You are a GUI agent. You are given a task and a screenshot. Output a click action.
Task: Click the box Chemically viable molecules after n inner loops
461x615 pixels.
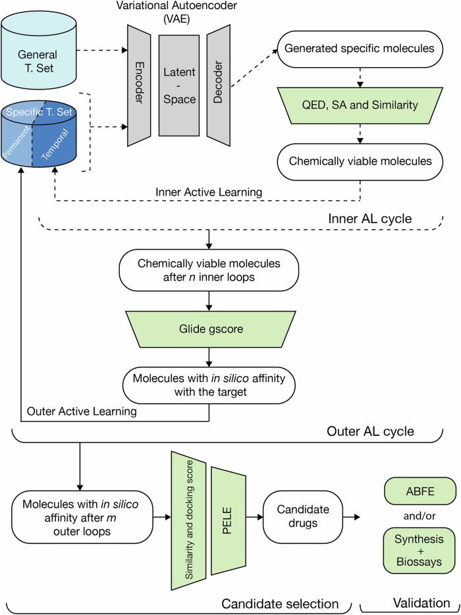(x=208, y=270)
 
